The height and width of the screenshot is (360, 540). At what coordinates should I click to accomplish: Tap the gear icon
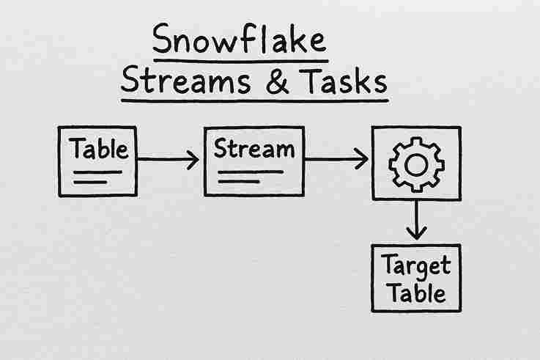point(415,164)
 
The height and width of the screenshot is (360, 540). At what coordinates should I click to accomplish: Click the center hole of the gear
point(415,164)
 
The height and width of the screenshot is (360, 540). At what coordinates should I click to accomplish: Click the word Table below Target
point(415,293)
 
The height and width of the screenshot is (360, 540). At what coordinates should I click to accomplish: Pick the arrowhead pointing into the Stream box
point(192,159)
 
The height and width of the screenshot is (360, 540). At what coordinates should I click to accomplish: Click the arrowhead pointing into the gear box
point(360,159)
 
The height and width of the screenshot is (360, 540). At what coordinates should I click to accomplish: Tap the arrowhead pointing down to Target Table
point(415,232)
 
